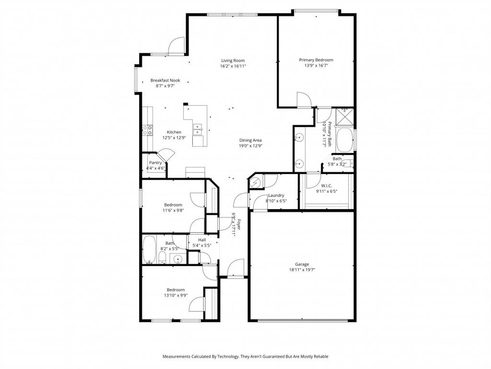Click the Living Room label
233,61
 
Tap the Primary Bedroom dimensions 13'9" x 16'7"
316,66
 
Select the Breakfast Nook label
165,80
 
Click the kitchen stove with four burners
147,129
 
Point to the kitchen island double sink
197,129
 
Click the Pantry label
155,163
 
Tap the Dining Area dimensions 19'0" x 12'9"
250,146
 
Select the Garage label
302,264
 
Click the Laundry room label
276,196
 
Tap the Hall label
202,240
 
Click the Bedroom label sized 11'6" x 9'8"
174,205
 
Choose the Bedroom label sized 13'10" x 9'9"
175,290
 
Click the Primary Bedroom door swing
304,100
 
